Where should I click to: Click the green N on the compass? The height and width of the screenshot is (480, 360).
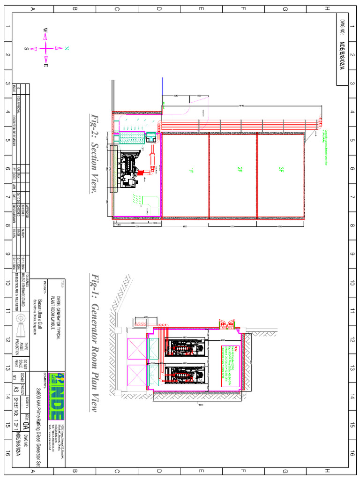[67, 48]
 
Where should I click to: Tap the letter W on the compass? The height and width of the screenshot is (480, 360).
[45, 30]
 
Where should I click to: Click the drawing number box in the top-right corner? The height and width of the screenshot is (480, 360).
[342, 52]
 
